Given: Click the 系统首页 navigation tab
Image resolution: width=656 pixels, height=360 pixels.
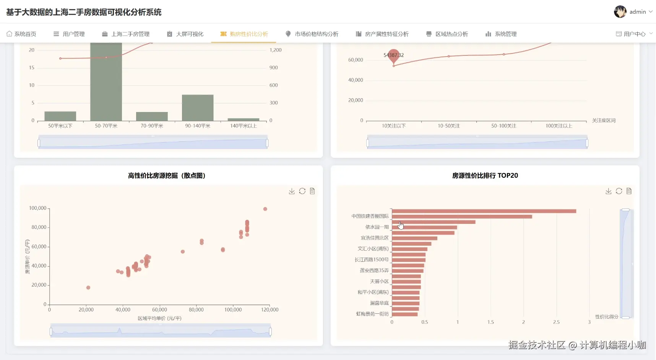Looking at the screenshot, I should coord(21,34).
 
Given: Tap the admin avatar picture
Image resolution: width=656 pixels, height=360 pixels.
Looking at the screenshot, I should coord(620,12).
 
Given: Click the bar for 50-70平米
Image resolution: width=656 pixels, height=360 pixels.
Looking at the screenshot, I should coord(106,82).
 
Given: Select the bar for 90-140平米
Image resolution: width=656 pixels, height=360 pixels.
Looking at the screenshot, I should coord(198,107).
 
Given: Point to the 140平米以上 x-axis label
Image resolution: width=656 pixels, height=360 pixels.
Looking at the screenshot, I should coord(244,126).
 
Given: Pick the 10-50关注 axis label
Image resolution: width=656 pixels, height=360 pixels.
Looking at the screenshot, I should coord(449,126).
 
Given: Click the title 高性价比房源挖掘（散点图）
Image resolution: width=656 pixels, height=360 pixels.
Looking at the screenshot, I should coord(167,176).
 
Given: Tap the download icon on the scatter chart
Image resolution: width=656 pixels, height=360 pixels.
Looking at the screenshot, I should coord(292,191).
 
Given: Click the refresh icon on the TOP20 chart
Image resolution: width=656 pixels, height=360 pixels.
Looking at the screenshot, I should coord(619,191).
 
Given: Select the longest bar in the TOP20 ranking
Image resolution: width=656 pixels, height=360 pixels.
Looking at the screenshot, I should coord(484,211).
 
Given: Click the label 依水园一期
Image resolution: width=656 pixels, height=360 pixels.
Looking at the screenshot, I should coord(377,227).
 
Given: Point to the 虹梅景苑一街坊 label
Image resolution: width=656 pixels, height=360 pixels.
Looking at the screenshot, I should coord(372,314).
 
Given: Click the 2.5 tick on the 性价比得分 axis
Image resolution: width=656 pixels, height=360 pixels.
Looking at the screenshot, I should coord(556,322).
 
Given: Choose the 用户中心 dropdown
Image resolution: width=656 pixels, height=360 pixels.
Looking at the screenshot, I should coord(634,34).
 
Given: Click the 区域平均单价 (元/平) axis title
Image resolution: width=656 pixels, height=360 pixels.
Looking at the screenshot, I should coord(159,318).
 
